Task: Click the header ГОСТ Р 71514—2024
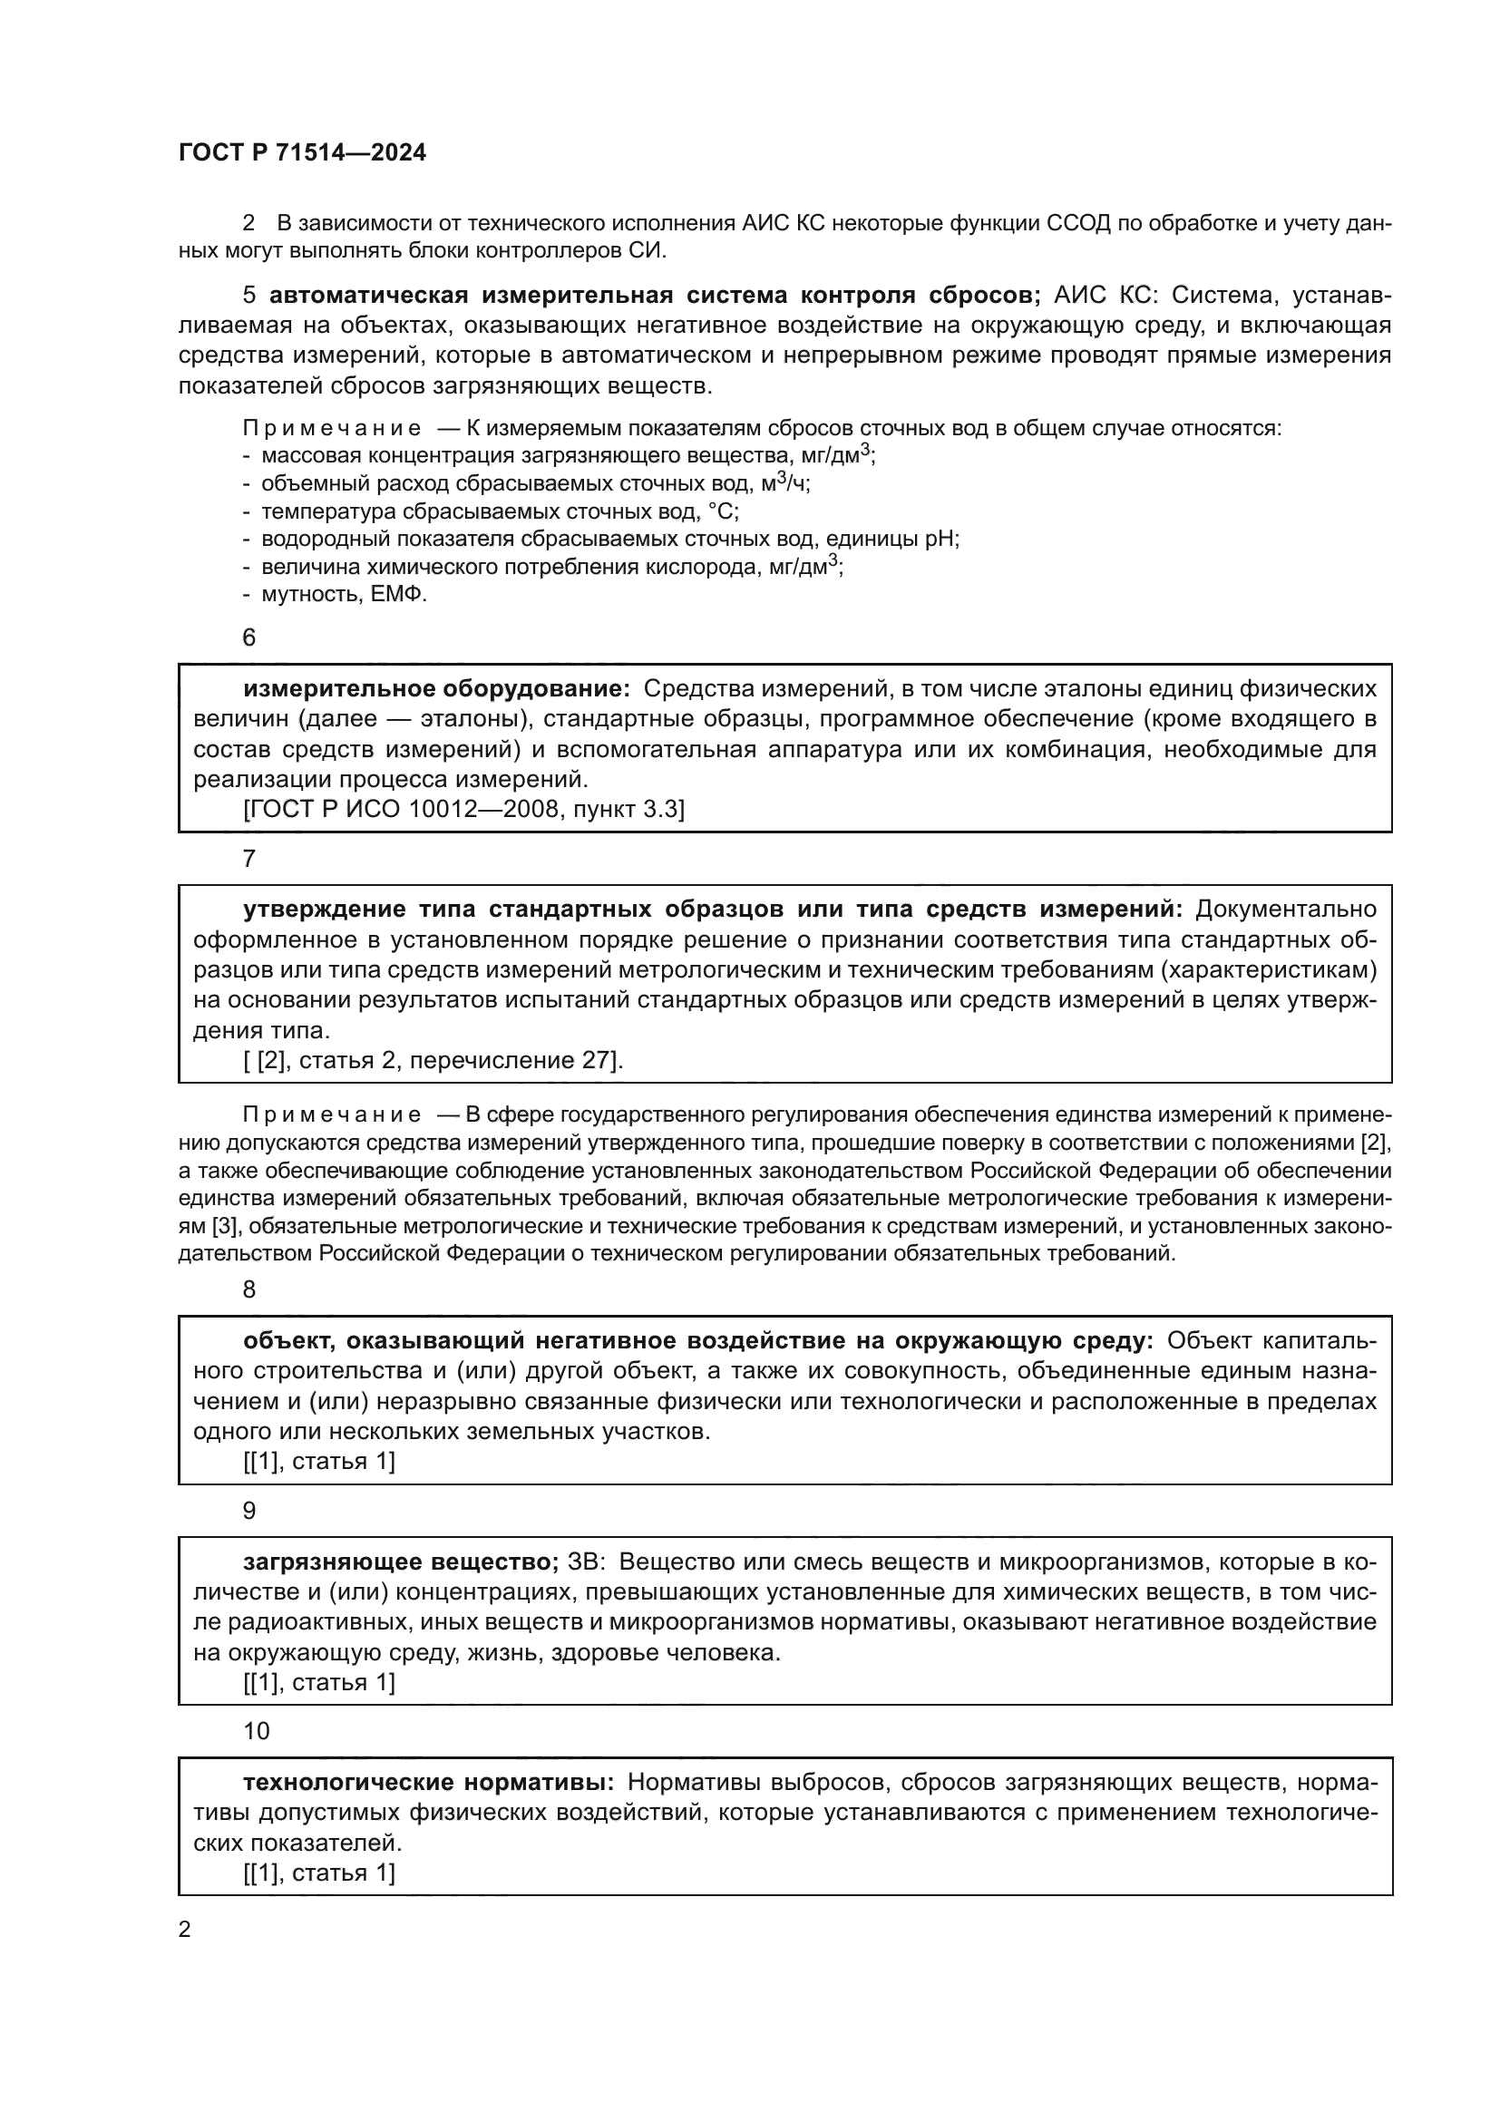point(302,152)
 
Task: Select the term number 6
point(248,637)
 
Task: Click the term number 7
point(248,858)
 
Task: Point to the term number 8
point(248,1289)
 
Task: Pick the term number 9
point(248,1511)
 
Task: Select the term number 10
point(256,1731)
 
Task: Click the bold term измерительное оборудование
point(436,688)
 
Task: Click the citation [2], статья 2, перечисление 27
point(433,1059)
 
